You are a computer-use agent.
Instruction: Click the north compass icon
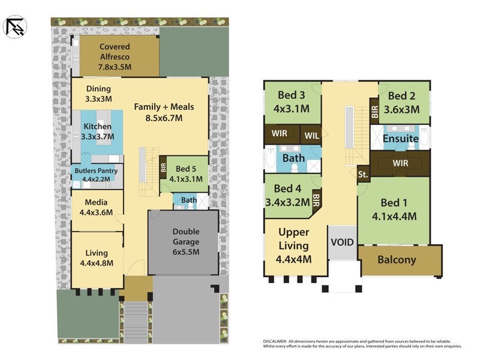14,26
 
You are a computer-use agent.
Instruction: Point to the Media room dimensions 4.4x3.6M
96,212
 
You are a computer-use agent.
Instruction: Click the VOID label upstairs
342,242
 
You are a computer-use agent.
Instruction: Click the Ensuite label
401,139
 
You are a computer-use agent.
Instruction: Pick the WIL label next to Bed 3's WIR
311,136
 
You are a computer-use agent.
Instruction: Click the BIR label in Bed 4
316,197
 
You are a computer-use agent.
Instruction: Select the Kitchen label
97,127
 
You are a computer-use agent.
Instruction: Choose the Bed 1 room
394,209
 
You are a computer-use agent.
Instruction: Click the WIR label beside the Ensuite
400,163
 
